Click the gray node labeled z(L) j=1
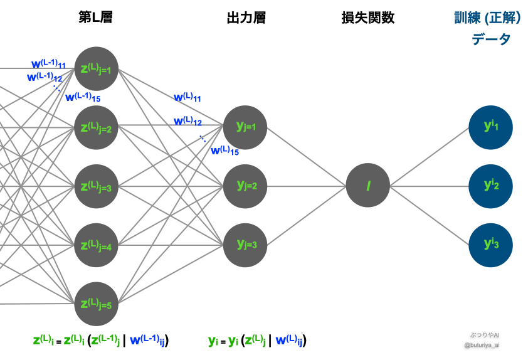point(97,68)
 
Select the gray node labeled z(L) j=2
point(97,128)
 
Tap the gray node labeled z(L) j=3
point(97,186)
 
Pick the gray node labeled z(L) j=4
point(97,245)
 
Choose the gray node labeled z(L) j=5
point(97,304)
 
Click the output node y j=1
point(245,127)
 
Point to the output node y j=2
point(245,186)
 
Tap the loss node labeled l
point(368,186)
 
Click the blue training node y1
point(491,127)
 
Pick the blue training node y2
point(491,186)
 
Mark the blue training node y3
point(491,245)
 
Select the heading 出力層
point(246,18)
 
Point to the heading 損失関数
point(367,18)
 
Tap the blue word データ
point(491,40)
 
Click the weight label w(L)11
point(187,98)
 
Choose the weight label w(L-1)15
point(83,97)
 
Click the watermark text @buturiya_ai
point(482,345)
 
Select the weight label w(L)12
point(187,121)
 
